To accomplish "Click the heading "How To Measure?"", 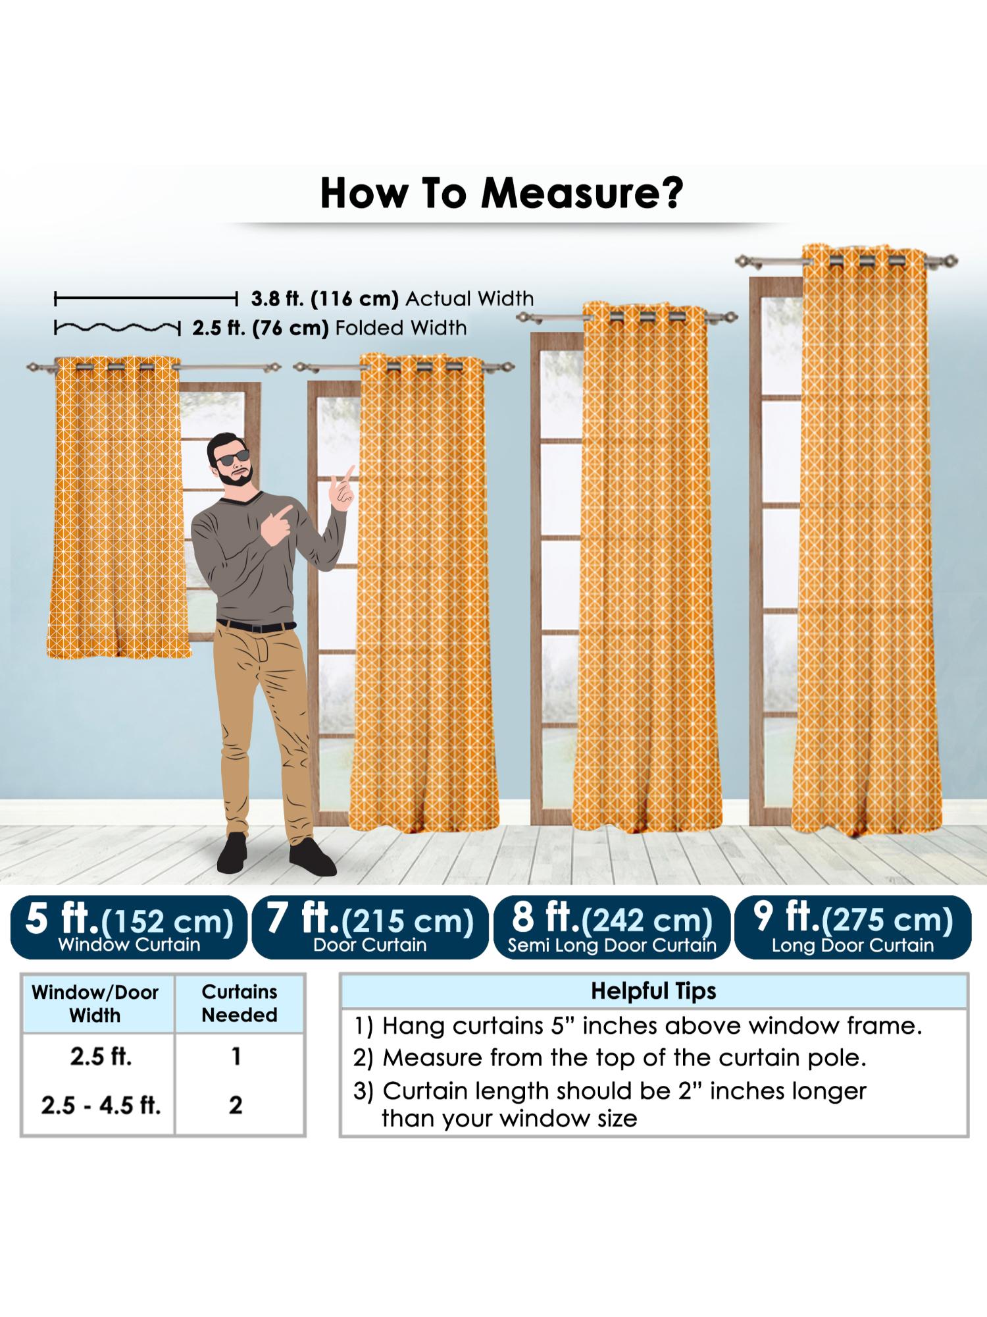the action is point(501,193).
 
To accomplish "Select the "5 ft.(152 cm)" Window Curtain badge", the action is point(129,927).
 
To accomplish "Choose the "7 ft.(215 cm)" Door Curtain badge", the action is point(370,927).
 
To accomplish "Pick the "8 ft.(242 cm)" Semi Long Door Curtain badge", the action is point(611,927).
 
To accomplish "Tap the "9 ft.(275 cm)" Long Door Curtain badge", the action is point(853,927).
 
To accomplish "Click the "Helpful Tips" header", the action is point(653,991).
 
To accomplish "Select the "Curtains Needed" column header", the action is point(239,1004).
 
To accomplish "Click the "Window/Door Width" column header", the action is point(95,1004).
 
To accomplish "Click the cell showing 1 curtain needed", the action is point(236,1056).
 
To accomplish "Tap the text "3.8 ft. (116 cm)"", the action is point(325,299).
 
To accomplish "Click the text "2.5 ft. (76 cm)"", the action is point(261,328).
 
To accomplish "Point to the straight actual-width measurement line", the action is point(146,300).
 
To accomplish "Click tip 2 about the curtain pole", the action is point(609,1058).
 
